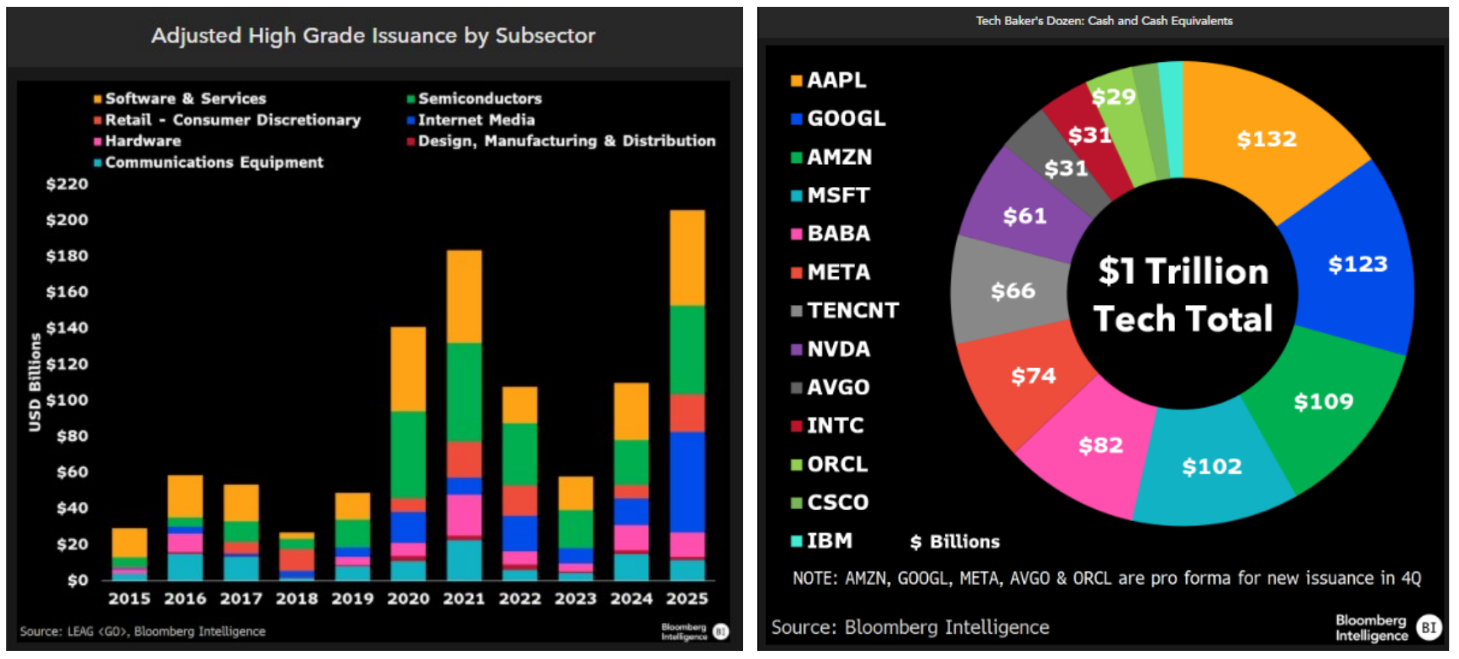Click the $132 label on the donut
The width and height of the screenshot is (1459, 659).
[x=1266, y=139]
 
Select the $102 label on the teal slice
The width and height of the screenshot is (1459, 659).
[x=1212, y=467]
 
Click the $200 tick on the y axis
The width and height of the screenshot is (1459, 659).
[x=67, y=220]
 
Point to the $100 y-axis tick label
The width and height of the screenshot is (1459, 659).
[x=67, y=400]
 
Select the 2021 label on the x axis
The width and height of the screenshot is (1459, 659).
[x=464, y=599]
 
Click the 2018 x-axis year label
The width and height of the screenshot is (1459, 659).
[x=297, y=599]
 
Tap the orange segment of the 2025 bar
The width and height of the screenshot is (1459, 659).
[x=687, y=258]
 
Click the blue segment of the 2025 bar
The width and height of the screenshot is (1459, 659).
[x=687, y=482]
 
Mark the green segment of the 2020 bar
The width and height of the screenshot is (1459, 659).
[x=408, y=455]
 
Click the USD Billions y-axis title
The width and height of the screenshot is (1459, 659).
[x=35, y=382]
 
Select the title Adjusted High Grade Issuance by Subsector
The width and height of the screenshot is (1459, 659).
[x=373, y=35]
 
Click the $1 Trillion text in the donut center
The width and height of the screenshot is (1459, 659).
[x=1183, y=271]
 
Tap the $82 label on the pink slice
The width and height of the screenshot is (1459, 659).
[x=1100, y=446]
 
